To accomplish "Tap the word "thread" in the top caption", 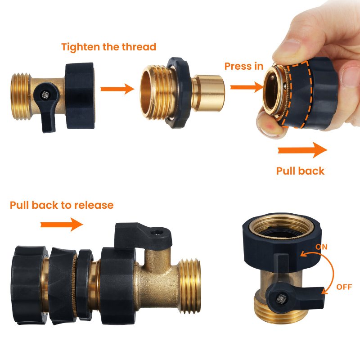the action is point(139,47).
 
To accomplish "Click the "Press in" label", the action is point(243,66).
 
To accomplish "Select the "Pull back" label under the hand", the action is point(300,171).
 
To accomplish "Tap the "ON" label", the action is point(321,247).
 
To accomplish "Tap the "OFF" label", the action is point(344,287).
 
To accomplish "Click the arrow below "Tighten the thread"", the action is point(117,89).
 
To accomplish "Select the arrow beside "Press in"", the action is point(247,87).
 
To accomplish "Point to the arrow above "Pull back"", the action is point(302,150).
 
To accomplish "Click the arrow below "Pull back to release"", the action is point(62,224).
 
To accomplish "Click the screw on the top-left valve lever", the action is point(45,94).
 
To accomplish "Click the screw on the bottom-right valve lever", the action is point(281,299).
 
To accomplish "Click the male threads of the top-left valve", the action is point(20,96).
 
